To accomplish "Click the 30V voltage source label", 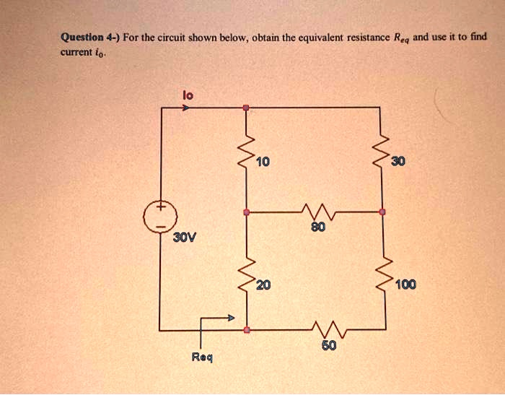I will pos(182,237).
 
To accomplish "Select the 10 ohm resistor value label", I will pos(262,161).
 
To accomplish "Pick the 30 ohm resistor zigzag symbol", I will pos(382,153).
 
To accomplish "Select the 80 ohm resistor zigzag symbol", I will pos(315,212).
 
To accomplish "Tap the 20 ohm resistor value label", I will pos(263,285).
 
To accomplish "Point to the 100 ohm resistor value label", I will pos(405,285).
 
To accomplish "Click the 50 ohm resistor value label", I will pos(329,347).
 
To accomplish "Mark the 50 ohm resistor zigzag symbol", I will pos(325,331).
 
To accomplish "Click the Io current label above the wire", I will pos(187,93).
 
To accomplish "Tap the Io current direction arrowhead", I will pos(186,108).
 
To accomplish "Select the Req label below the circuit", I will pos(202,357).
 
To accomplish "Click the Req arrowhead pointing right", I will pos(231,317).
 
